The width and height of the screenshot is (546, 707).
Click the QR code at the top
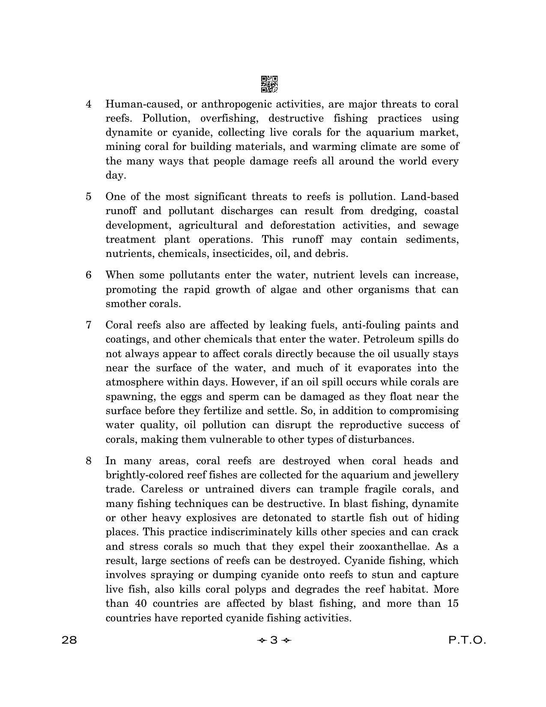[269, 84]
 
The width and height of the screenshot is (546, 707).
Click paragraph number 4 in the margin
[89, 104]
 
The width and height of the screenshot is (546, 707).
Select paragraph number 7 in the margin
[89, 325]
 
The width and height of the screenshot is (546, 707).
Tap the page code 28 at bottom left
[69, 640]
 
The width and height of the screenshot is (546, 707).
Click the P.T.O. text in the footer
[467, 640]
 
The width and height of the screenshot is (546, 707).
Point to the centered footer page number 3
[274, 640]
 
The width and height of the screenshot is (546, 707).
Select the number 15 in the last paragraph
[452, 604]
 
